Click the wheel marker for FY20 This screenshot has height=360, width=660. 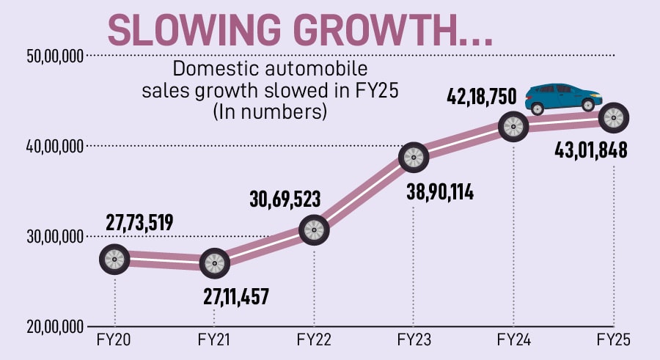(114, 259)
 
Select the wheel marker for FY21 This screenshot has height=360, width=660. (214, 263)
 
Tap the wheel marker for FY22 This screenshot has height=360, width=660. (314, 230)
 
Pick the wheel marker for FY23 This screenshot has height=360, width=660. (414, 156)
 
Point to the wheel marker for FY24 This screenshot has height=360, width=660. (513, 126)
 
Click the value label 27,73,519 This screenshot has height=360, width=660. (139, 222)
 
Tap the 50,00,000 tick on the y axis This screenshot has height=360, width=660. (51, 56)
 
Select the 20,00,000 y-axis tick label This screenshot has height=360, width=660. (51, 327)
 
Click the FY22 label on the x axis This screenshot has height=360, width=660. (314, 341)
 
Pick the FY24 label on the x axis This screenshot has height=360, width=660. (513, 341)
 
